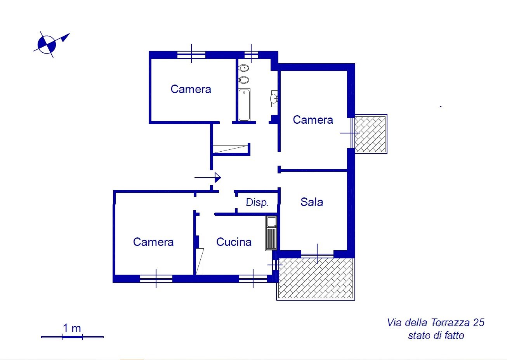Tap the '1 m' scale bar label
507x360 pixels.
pyautogui.click(x=72, y=328)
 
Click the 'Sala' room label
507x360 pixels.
pyautogui.click(x=312, y=202)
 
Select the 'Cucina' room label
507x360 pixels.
pyautogui.click(x=234, y=242)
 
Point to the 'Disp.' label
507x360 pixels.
pyautogui.click(x=257, y=202)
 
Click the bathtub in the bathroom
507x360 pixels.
pyautogui.click(x=244, y=105)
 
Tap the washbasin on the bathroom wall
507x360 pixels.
pyautogui.click(x=274, y=99)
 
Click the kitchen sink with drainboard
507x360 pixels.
pyautogui.click(x=271, y=233)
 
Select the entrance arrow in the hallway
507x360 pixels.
pyautogui.click(x=208, y=178)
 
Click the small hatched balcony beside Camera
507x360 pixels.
pyautogui.click(x=370, y=134)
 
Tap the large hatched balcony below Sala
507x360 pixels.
pyautogui.click(x=316, y=279)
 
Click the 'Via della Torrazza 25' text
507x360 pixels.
pyautogui.click(x=436, y=323)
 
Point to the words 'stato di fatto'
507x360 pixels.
pyautogui.click(x=436, y=335)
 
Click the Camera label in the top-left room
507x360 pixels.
pyautogui.click(x=191, y=89)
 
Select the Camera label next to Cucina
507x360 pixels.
pyautogui.click(x=153, y=242)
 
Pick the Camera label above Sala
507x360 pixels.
pyautogui.click(x=313, y=120)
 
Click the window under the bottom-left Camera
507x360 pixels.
pyautogui.click(x=156, y=279)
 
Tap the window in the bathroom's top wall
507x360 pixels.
pyautogui.click(x=251, y=55)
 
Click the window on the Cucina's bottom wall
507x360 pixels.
pyautogui.click(x=253, y=279)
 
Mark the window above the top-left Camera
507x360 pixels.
pyautogui.click(x=191, y=55)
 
